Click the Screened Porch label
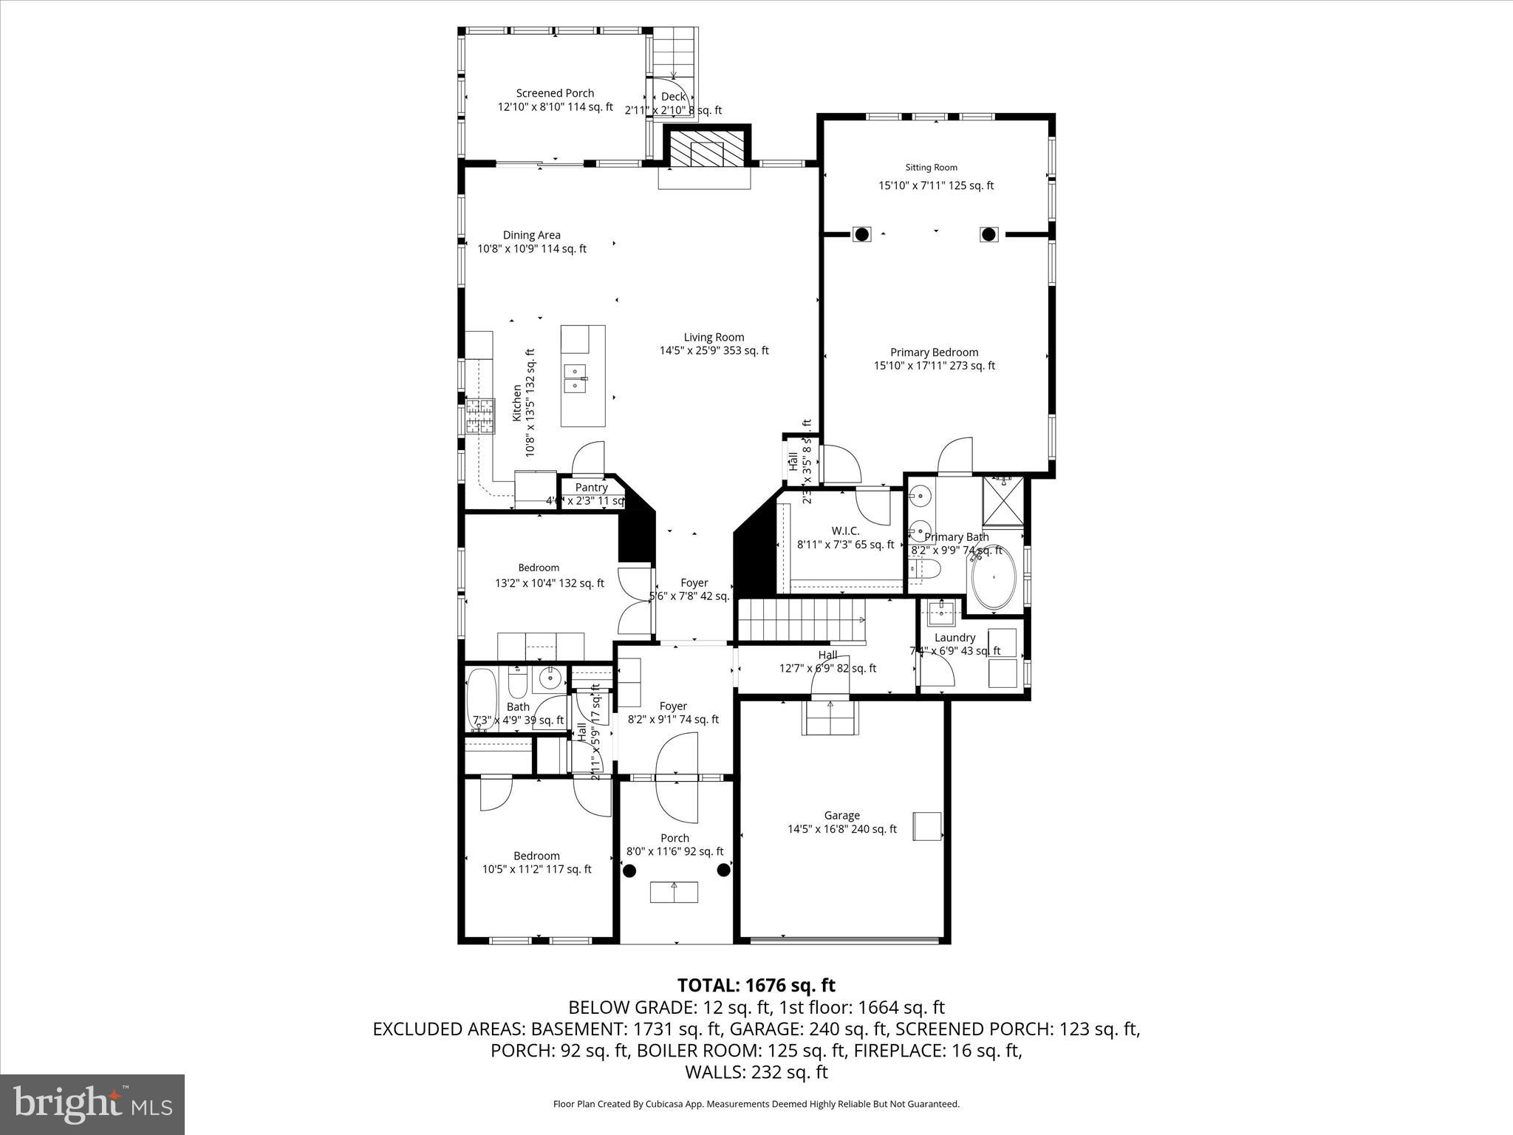pos(555,93)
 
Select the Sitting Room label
pos(931,168)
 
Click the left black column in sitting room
pos(861,234)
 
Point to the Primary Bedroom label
pos(934,352)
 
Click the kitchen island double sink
pos(576,378)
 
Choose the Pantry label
pos(591,487)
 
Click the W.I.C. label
pos(845,531)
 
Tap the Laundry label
pos(954,638)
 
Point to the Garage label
pos(841,815)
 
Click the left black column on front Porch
pos(629,870)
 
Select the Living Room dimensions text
pos(714,351)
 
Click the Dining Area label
pos(531,235)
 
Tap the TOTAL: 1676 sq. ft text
pos(756,985)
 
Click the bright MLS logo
pos(92,1103)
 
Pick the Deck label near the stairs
pos(673,97)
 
